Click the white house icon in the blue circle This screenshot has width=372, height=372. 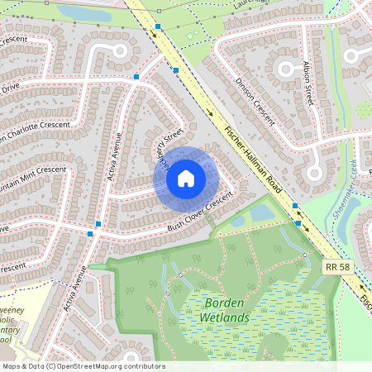coord(185,177)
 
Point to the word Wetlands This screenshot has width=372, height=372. coord(224,316)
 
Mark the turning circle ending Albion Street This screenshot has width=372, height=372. coord(314,174)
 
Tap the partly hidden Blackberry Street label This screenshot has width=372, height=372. coord(169,144)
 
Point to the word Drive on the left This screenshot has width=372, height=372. coord(10,87)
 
